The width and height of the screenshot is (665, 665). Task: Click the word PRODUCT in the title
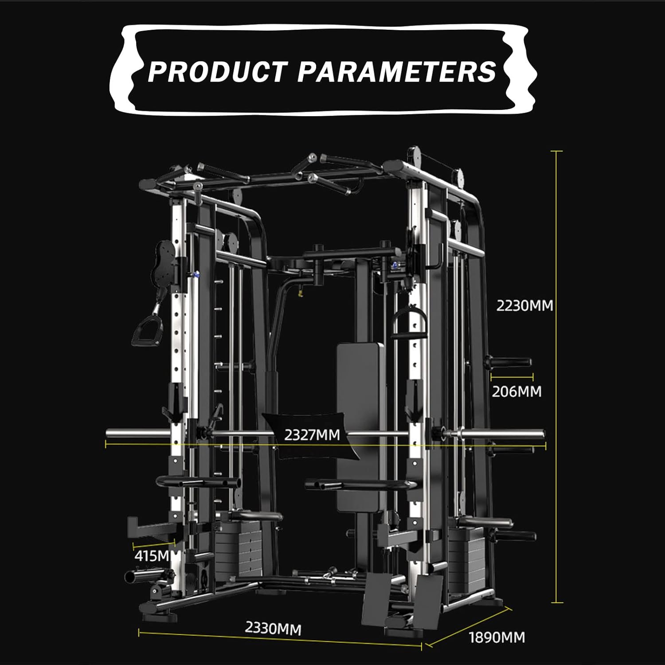(x=217, y=71)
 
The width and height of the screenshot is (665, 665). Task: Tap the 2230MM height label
(x=524, y=306)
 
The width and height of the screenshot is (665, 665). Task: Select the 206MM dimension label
(x=516, y=391)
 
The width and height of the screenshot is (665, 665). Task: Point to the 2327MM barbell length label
(x=312, y=434)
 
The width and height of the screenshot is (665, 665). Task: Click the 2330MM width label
(x=273, y=628)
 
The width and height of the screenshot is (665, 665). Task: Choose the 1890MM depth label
(x=497, y=638)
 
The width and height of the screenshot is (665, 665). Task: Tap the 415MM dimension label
(x=152, y=556)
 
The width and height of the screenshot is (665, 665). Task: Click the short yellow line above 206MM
(x=512, y=377)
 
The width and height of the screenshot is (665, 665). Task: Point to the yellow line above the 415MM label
(x=154, y=543)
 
